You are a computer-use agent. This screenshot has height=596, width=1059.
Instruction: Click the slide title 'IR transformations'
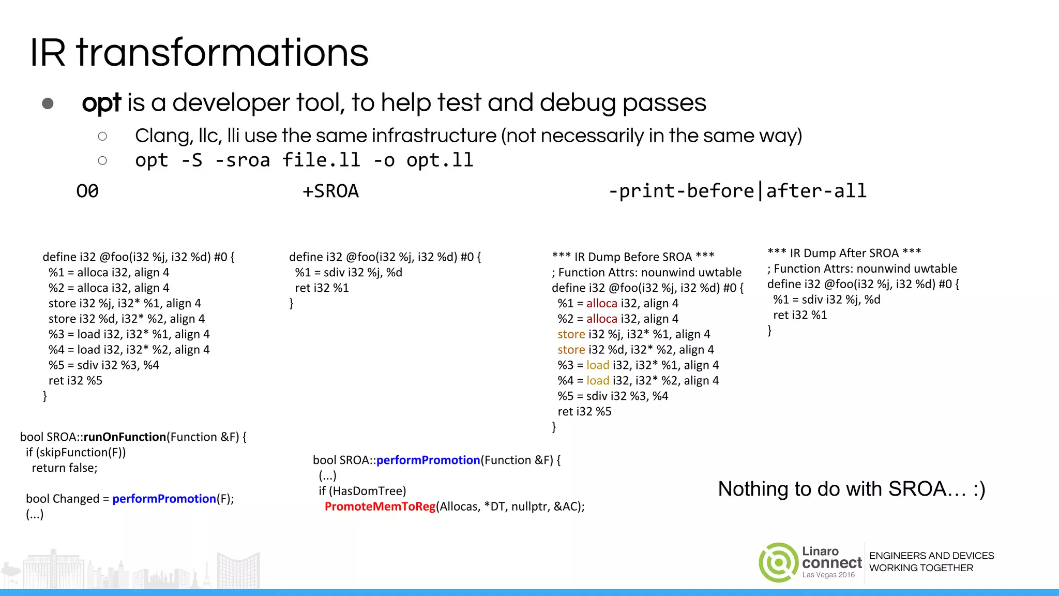click(199, 53)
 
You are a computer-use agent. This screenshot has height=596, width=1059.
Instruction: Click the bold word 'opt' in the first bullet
click(101, 103)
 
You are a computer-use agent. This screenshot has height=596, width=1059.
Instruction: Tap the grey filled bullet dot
click(48, 103)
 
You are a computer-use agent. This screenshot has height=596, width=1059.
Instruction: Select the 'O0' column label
click(87, 191)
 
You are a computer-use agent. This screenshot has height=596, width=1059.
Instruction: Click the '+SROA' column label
click(330, 191)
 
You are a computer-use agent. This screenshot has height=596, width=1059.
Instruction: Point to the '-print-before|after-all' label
click(737, 191)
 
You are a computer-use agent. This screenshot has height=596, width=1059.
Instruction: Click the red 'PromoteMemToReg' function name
click(380, 506)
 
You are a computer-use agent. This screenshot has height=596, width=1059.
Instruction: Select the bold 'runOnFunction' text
click(125, 437)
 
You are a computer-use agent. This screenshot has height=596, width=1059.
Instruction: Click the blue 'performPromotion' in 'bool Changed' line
click(164, 499)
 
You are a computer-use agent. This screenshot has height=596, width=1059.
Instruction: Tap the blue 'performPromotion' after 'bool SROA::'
click(428, 460)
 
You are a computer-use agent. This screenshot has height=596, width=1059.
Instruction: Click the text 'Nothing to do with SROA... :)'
click(852, 489)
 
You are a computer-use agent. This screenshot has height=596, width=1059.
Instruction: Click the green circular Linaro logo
click(778, 562)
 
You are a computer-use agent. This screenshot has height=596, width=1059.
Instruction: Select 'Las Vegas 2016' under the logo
click(828, 575)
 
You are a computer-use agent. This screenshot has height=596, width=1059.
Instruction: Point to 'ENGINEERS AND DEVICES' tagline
click(931, 556)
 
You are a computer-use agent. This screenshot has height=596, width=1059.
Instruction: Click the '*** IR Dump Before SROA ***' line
click(633, 257)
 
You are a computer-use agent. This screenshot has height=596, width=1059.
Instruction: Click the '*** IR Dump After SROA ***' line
click(844, 253)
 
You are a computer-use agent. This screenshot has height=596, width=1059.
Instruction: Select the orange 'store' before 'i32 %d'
click(571, 350)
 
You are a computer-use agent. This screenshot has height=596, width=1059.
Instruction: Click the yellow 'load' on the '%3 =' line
click(598, 365)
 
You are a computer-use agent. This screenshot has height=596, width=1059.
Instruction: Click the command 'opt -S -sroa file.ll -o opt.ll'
click(304, 160)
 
